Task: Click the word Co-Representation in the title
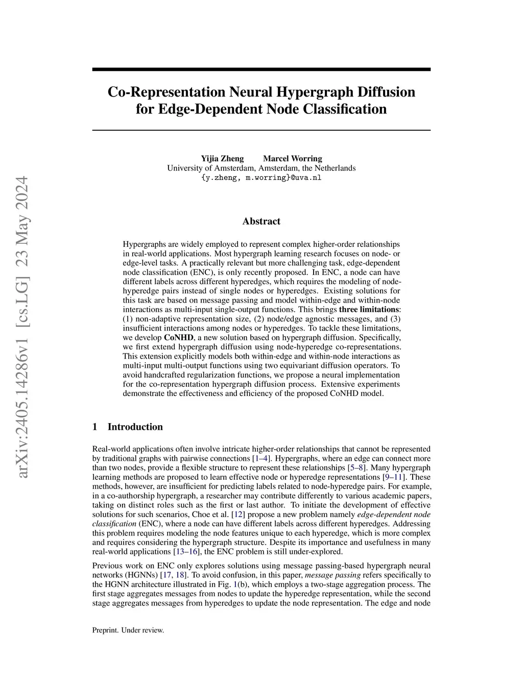166,92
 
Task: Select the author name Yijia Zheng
222,158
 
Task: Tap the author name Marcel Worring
292,158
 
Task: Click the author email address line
261,178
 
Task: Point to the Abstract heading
261,221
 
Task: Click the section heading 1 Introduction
127,427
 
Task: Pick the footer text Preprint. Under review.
128,630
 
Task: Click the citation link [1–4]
261,458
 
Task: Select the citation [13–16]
187,551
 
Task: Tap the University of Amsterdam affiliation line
261,168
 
